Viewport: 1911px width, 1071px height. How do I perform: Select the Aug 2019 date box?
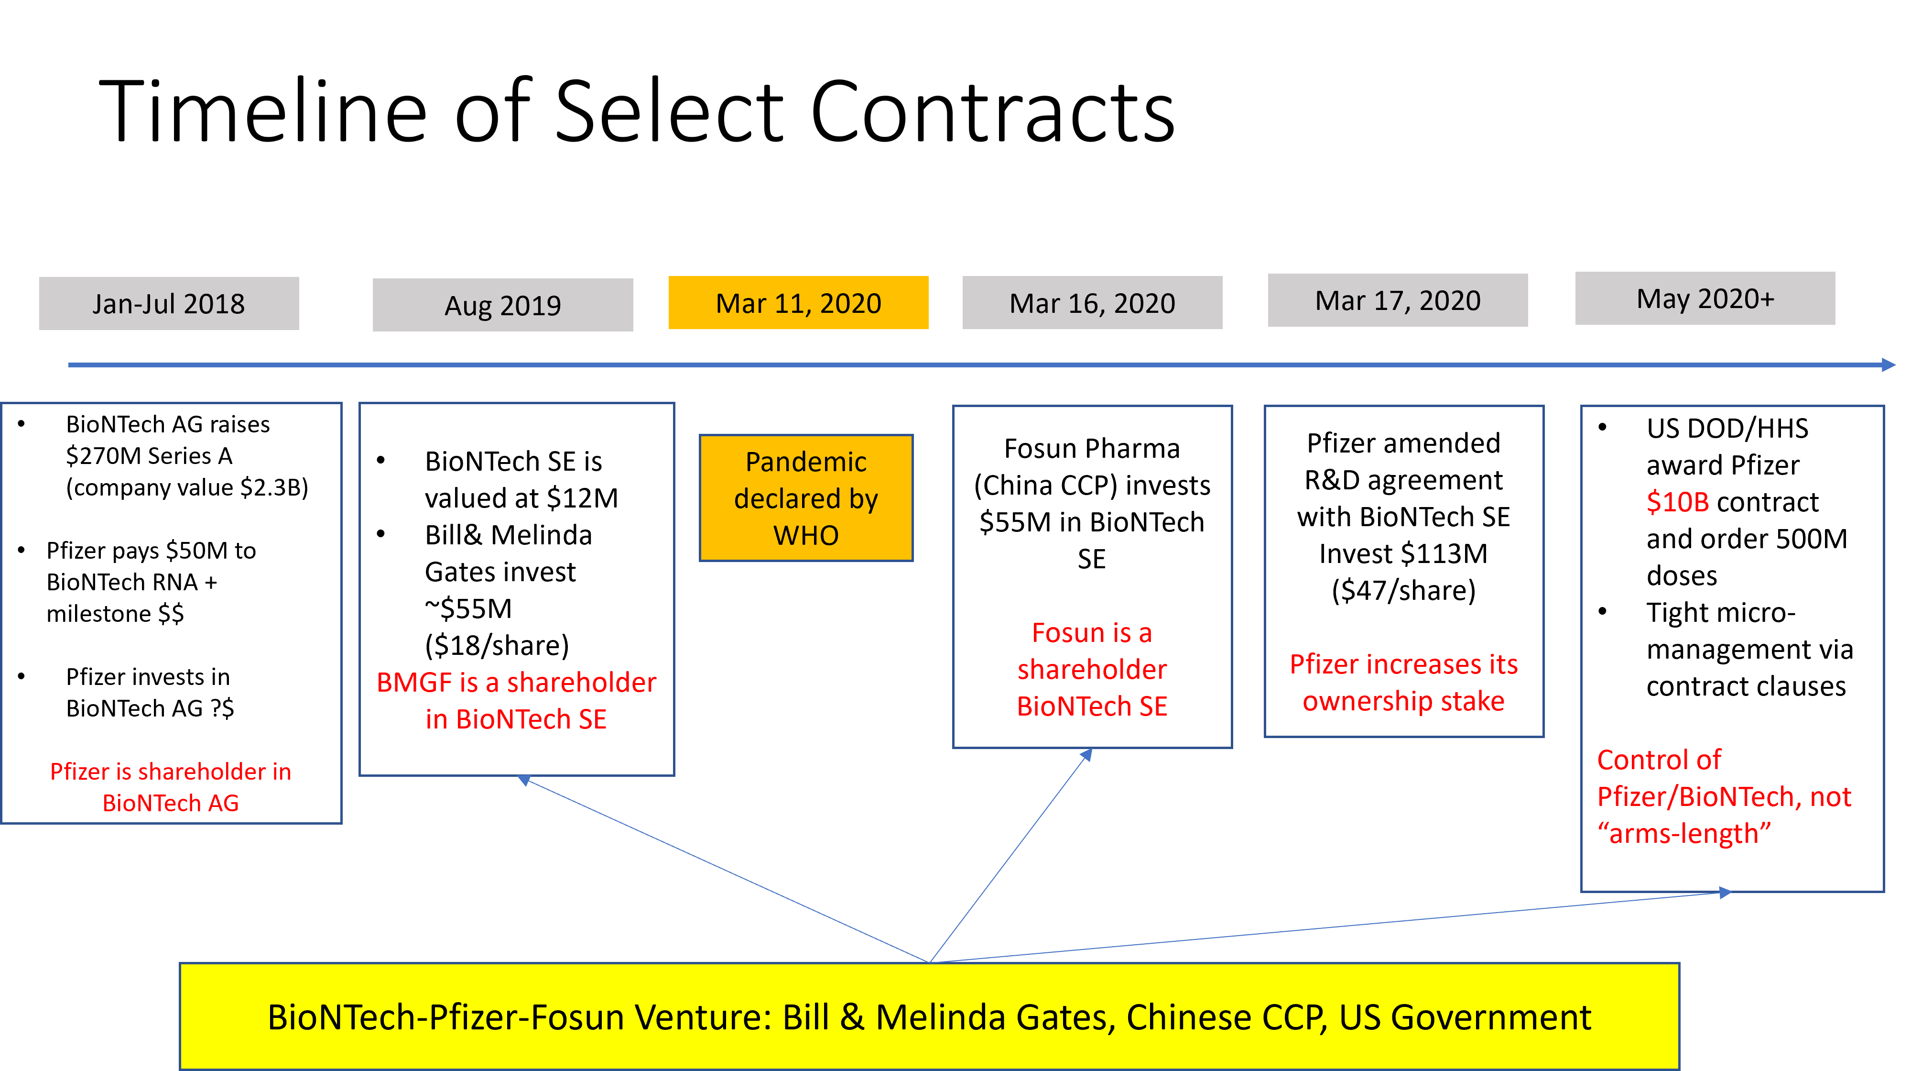point(502,305)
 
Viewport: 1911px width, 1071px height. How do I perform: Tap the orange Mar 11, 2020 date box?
point(798,303)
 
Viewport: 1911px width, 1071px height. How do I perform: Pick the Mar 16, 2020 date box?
point(1092,303)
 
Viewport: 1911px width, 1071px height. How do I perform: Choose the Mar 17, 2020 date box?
point(1398,300)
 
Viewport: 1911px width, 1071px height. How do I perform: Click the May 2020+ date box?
point(1705,298)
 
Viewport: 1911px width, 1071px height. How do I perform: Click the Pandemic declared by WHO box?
point(805,498)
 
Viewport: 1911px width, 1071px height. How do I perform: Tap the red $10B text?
point(1677,502)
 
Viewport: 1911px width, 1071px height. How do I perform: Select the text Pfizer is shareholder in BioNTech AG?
point(171,787)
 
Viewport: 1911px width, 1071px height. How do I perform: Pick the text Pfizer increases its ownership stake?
point(1403,682)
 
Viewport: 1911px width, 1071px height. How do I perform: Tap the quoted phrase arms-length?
point(1684,833)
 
